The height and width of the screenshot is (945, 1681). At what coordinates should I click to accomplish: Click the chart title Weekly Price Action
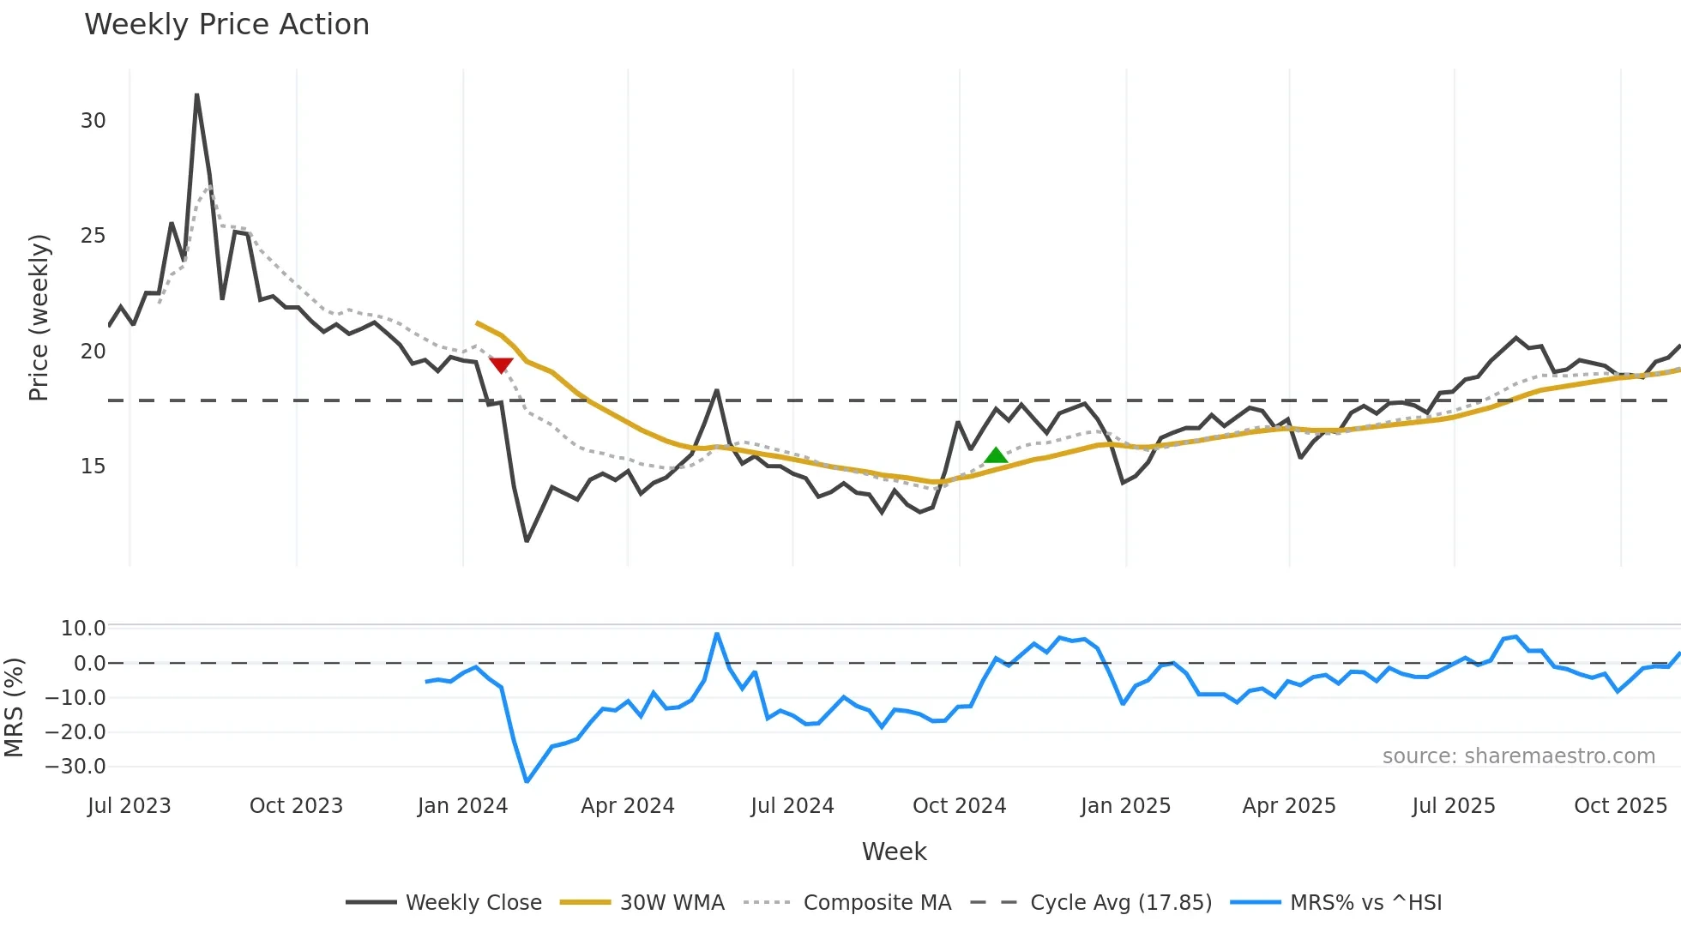226,25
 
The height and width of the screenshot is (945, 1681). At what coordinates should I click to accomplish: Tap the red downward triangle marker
501,365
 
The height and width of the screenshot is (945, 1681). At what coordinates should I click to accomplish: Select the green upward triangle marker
996,455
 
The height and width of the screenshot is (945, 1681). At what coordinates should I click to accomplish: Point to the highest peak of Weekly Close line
197,95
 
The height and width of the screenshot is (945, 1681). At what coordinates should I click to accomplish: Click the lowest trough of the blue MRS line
527,781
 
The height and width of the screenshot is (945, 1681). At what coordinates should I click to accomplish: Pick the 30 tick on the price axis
93,121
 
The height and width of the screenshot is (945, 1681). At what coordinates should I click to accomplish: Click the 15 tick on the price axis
93,466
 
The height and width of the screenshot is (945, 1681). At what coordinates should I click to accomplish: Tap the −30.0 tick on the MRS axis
76,767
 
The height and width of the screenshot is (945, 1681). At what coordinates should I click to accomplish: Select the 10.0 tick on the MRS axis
83,629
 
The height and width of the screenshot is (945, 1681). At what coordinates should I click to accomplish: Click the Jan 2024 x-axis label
462,806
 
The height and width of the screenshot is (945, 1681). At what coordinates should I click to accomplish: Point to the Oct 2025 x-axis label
1620,806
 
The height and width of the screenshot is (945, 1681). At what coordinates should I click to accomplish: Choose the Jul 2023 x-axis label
130,806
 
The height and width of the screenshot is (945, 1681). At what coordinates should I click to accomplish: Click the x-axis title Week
894,852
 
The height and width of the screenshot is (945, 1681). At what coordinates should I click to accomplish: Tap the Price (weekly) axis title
39,317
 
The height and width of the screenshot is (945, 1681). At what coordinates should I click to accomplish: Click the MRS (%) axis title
14,707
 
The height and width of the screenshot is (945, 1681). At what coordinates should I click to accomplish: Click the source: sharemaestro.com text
1518,756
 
